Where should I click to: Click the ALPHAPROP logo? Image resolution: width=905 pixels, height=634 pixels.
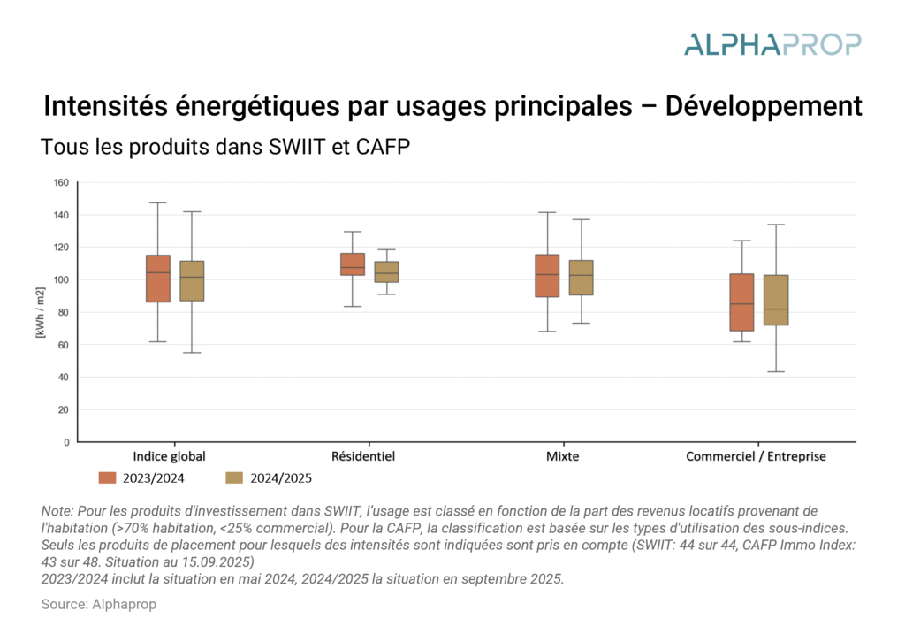pyautogui.click(x=772, y=43)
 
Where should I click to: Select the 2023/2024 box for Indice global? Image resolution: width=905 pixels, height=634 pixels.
pyautogui.click(x=158, y=279)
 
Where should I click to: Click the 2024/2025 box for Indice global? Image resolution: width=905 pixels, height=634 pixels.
pyautogui.click(x=192, y=280)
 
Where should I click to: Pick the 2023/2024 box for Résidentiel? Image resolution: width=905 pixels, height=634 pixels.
pyautogui.click(x=353, y=264)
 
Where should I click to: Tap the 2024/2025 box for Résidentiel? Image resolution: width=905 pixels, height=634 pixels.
pyautogui.click(x=386, y=271)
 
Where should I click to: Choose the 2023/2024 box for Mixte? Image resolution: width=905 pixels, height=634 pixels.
pyautogui.click(x=547, y=276)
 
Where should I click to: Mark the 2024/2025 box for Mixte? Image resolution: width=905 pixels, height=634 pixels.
pyautogui.click(x=581, y=278)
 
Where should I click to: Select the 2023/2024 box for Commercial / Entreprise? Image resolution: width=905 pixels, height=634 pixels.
pyautogui.click(x=741, y=302)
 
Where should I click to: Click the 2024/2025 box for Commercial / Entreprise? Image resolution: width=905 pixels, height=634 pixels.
pyautogui.click(x=776, y=300)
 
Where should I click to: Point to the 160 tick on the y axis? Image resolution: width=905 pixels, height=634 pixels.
pyautogui.click(x=62, y=183)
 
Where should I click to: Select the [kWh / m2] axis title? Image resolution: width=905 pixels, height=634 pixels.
pyautogui.click(x=39, y=312)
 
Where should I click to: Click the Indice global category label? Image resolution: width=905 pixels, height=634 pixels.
pyautogui.click(x=169, y=457)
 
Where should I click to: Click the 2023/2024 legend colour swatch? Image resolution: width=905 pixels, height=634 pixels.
pyautogui.click(x=108, y=478)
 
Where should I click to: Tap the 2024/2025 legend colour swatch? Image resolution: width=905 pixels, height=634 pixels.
pyautogui.click(x=234, y=478)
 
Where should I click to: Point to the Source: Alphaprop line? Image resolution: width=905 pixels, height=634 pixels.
pyautogui.click(x=99, y=604)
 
